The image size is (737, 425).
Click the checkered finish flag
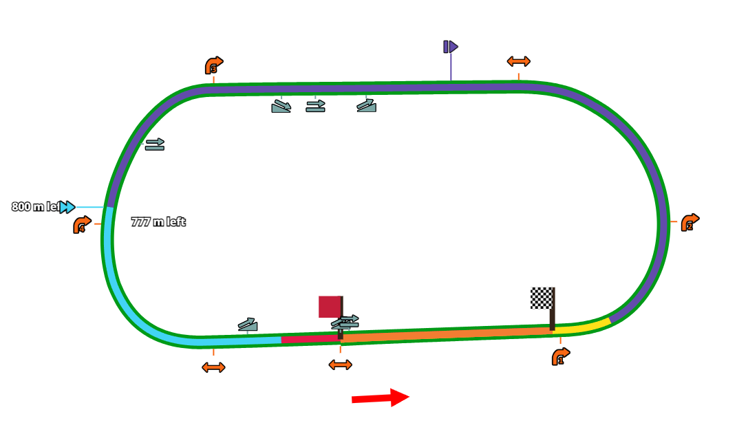click(x=542, y=298)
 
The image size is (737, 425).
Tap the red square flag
click(x=330, y=307)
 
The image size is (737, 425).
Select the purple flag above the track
click(x=451, y=47)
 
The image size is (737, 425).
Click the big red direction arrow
click(x=380, y=397)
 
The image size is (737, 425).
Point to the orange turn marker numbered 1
click(x=560, y=356)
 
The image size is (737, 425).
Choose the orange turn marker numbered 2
click(x=689, y=222)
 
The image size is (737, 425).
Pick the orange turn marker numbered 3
click(x=213, y=66)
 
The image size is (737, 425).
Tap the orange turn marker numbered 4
click(x=81, y=225)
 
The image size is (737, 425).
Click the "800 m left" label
click(x=35, y=207)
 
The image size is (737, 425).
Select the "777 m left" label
click(x=158, y=222)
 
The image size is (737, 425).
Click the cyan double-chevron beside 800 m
click(x=67, y=207)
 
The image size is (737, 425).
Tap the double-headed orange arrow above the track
click(x=518, y=61)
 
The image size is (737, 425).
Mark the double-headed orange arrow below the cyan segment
click(x=213, y=367)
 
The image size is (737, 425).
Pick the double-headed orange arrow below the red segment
click(x=340, y=364)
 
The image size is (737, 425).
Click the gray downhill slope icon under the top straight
click(x=281, y=106)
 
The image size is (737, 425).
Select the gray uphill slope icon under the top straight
click(x=367, y=105)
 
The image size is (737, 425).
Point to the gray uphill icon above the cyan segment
click(x=248, y=325)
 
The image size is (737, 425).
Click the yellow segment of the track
click(x=582, y=326)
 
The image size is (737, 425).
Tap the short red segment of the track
click(x=310, y=339)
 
